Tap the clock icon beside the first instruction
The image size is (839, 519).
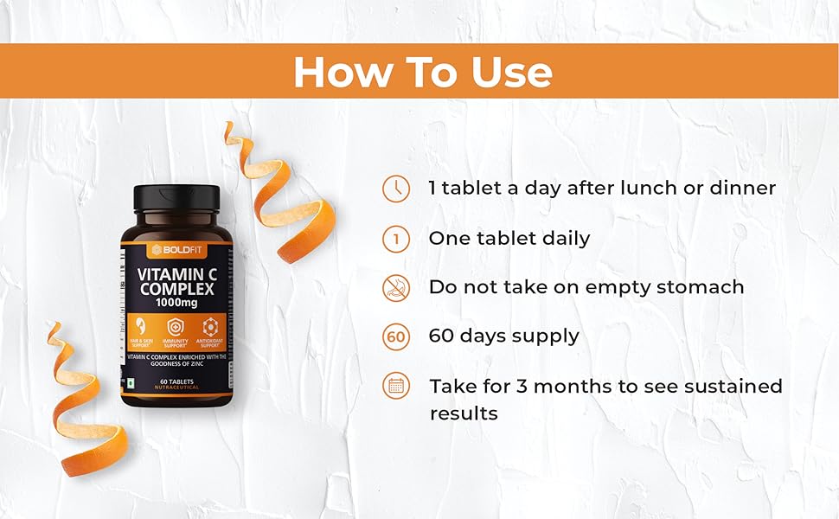click(x=396, y=189)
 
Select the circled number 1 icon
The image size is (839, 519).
click(x=396, y=239)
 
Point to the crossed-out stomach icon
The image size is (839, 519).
click(x=396, y=287)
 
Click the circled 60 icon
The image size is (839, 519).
click(x=396, y=336)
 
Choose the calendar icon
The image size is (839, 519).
click(x=396, y=386)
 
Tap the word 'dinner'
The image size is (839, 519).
click(x=742, y=188)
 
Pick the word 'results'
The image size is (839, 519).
click(x=464, y=413)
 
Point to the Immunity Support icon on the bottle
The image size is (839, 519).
click(x=175, y=329)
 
